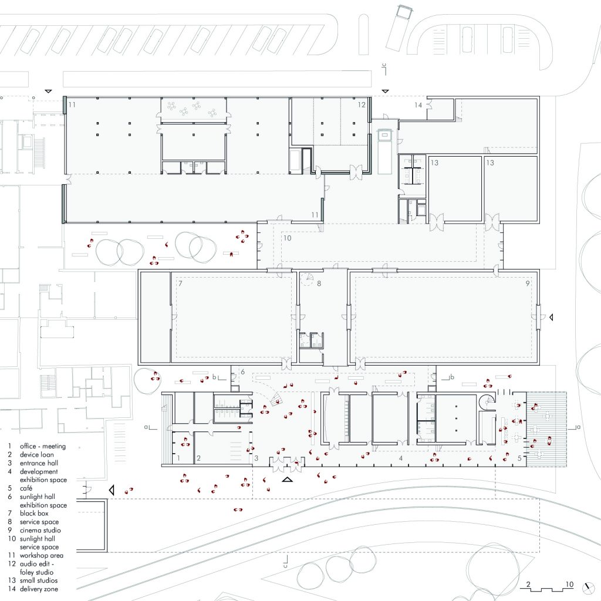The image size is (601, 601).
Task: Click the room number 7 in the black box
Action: click(x=181, y=284)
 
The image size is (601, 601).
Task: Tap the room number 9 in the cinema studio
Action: click(x=528, y=284)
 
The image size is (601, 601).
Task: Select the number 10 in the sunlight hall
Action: click(x=287, y=238)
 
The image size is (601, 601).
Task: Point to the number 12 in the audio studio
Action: click(x=362, y=104)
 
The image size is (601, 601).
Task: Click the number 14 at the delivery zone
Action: click(x=418, y=105)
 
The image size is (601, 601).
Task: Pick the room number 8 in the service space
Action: click(x=319, y=284)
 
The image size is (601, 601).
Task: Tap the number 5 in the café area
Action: click(x=519, y=458)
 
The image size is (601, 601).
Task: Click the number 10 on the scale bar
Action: click(x=569, y=585)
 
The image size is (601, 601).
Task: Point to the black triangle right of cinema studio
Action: click(x=551, y=318)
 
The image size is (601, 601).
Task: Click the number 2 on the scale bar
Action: click(x=528, y=585)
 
